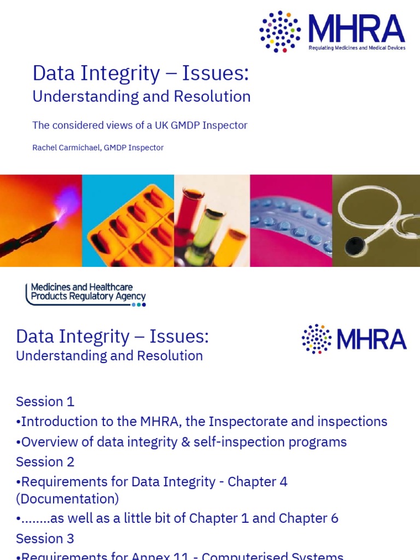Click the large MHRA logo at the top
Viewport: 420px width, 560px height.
click(x=332, y=31)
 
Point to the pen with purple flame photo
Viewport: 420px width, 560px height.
click(x=41, y=220)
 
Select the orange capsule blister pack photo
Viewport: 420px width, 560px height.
click(x=128, y=220)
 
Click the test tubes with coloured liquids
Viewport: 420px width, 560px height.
click(x=212, y=220)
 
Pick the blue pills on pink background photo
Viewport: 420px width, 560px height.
click(x=291, y=220)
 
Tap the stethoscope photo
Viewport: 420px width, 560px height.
click(x=376, y=220)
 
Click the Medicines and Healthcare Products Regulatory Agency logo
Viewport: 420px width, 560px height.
click(x=86, y=294)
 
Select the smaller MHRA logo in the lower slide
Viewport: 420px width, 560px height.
click(x=354, y=339)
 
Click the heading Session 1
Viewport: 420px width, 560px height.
click(x=45, y=401)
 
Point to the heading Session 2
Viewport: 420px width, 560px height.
click(x=45, y=462)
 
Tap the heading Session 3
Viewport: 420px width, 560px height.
click(x=45, y=538)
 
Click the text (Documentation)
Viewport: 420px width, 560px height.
click(x=67, y=499)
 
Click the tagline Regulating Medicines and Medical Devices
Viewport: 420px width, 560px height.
click(x=357, y=48)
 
